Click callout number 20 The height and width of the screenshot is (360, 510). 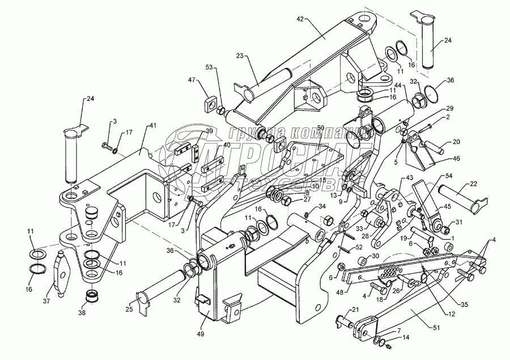point(456,141)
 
